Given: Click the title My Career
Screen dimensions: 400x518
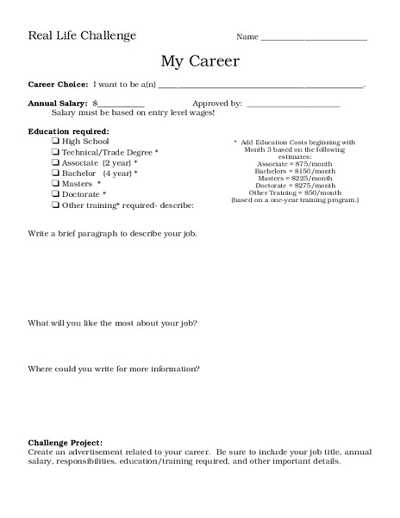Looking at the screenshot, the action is [x=200, y=61].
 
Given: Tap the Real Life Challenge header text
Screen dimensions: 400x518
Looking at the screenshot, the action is [x=82, y=35].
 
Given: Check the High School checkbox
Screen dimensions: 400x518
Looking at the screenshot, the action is [x=55, y=141].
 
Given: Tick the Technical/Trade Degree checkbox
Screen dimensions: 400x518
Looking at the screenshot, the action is [x=55, y=152].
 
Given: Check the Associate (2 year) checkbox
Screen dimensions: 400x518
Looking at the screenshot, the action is [x=55, y=162].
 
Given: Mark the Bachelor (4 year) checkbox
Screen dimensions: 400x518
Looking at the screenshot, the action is [x=55, y=173].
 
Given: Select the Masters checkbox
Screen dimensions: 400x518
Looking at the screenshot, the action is [x=55, y=184].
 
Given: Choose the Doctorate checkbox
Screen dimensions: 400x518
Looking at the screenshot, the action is [x=55, y=194].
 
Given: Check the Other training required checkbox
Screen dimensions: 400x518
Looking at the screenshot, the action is [x=55, y=205].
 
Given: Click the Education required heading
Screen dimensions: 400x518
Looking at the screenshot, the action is [x=69, y=130].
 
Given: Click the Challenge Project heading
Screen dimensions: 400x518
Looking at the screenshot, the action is [x=65, y=442].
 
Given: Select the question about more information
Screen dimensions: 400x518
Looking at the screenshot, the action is [x=114, y=370].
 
